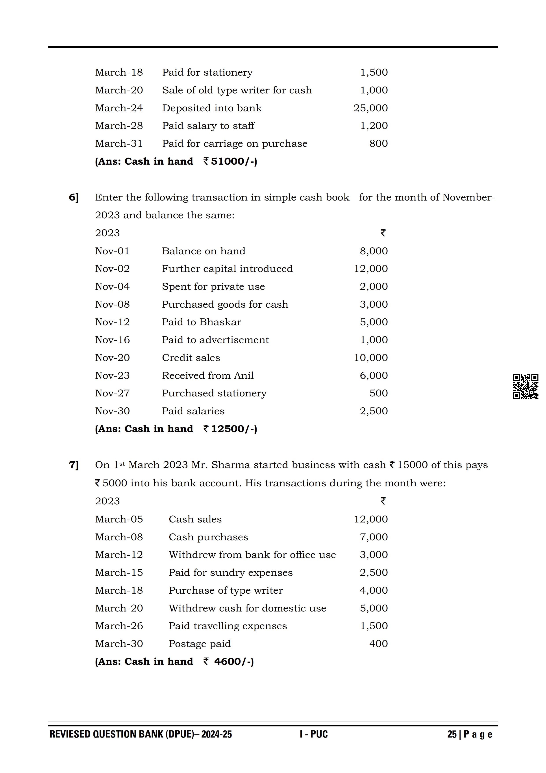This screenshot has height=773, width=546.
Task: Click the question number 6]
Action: tap(74, 197)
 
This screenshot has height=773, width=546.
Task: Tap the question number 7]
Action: tap(74, 465)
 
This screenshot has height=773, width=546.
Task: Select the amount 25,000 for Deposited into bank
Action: tap(370, 108)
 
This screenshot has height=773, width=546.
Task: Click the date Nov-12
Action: tap(112, 322)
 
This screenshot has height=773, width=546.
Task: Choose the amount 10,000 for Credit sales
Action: tap(371, 358)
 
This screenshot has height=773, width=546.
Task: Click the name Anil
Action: tap(244, 375)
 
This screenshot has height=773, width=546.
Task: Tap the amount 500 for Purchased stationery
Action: tap(378, 393)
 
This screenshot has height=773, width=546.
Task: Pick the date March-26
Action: tap(119, 626)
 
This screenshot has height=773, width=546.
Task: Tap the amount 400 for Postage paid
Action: tap(378, 644)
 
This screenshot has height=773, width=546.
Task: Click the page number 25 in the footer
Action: tap(452, 734)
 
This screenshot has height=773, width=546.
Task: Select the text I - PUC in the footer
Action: tap(314, 734)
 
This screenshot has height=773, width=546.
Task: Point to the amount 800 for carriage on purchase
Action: tap(378, 144)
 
